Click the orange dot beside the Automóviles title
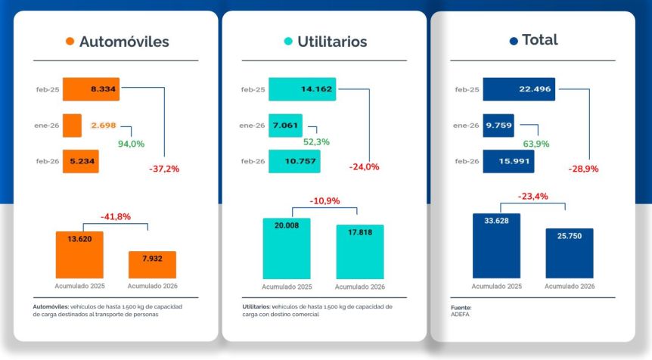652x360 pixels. coord(70,42)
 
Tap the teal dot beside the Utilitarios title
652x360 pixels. coord(287,42)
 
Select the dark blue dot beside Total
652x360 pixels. coord(514,41)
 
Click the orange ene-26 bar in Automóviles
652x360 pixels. coord(72,125)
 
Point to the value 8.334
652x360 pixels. coord(103,89)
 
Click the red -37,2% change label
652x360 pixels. coord(164,169)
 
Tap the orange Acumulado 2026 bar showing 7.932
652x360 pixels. coord(152,265)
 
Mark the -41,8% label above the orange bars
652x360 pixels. coord(116,217)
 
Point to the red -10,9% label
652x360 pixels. coord(324,201)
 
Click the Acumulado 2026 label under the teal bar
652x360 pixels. coord(360,287)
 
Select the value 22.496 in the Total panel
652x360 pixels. coord(535,89)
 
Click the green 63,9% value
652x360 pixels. coord(536,144)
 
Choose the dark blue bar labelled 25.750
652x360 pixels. coord(570,253)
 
